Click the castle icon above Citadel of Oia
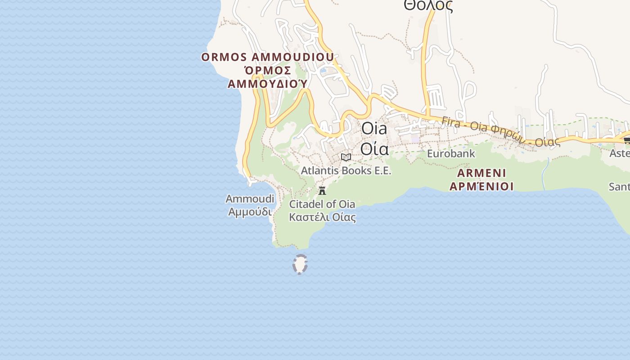pyautogui.click(x=322, y=190)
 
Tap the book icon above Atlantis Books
pyautogui.click(x=346, y=157)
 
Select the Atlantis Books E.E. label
pyautogui.click(x=346, y=171)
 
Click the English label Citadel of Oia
pyautogui.click(x=322, y=204)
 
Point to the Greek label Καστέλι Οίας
pyautogui.click(x=322, y=217)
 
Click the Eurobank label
pyautogui.click(x=450, y=153)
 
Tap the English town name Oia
pyautogui.click(x=374, y=129)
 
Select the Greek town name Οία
pyautogui.click(x=374, y=148)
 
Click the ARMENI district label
pyautogui.click(x=481, y=173)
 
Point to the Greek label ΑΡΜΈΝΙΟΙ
pyautogui.click(x=481, y=186)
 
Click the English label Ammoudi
pyautogui.click(x=250, y=199)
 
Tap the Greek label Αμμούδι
pyautogui.click(x=250, y=211)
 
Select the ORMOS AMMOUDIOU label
pyautogui.click(x=267, y=57)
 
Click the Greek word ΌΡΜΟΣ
pyautogui.click(x=267, y=71)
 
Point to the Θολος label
pyautogui.click(x=428, y=5)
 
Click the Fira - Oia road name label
pyautogui.click(x=499, y=131)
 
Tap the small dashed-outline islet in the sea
pyautogui.click(x=300, y=264)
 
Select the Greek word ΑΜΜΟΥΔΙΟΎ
pyautogui.click(x=267, y=84)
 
